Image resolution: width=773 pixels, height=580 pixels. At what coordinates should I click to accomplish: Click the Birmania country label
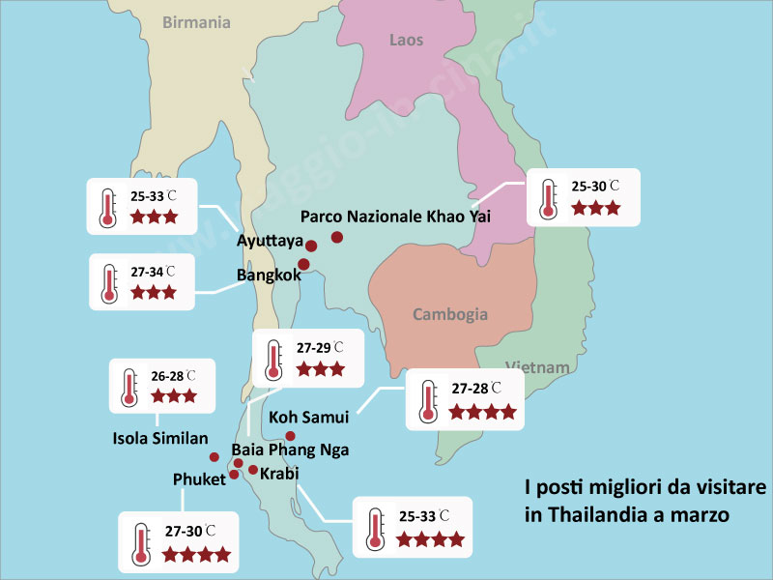pyautogui.click(x=196, y=22)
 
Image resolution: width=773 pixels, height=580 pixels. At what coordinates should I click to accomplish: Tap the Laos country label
pyautogui.click(x=406, y=40)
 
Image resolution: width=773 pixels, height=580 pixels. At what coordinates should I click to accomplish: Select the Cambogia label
pyautogui.click(x=450, y=314)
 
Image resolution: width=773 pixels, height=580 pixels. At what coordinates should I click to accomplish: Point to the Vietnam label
pyautogui.click(x=536, y=367)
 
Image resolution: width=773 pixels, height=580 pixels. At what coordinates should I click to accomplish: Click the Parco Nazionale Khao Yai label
pyautogui.click(x=395, y=217)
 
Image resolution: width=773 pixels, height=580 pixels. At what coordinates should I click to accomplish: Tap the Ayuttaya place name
pyautogui.click(x=271, y=241)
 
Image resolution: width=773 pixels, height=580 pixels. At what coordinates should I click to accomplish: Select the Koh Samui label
pyautogui.click(x=308, y=418)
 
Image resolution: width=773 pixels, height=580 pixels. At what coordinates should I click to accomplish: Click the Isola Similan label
pyautogui.click(x=160, y=438)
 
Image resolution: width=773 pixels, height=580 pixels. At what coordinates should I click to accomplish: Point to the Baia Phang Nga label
pyautogui.click(x=290, y=449)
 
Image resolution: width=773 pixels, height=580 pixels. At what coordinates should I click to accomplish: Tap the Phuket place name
pyautogui.click(x=199, y=479)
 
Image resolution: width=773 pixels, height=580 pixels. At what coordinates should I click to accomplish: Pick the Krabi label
pyautogui.click(x=279, y=473)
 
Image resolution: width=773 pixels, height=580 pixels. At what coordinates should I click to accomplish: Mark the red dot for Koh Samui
pyautogui.click(x=290, y=436)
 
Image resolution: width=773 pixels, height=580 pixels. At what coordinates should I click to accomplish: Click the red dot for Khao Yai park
pyautogui.click(x=337, y=237)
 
